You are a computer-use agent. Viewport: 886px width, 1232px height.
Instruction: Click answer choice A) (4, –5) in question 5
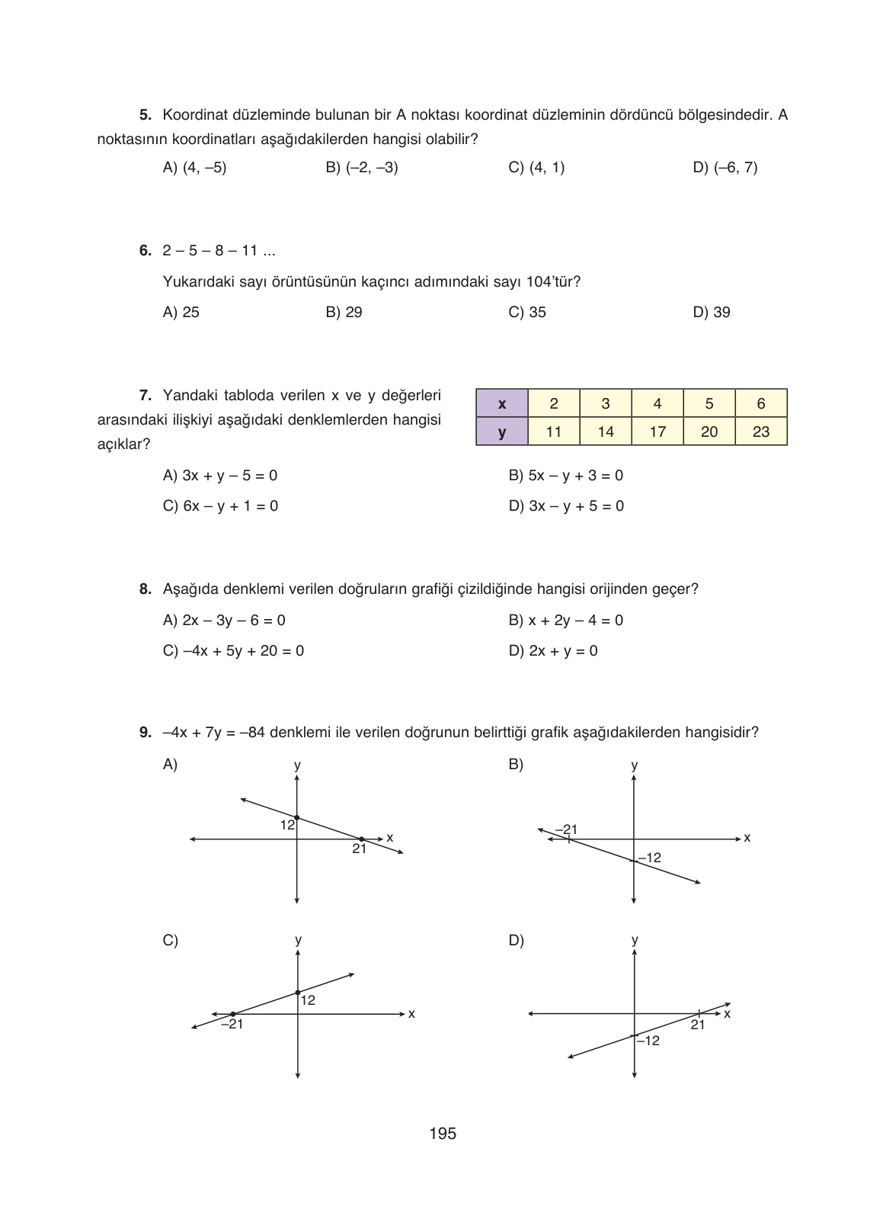195,168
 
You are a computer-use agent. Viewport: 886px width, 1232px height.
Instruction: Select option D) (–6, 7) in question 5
725,168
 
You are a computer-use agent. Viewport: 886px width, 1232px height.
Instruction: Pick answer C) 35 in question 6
527,313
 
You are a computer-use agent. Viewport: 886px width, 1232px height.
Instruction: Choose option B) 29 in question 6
344,313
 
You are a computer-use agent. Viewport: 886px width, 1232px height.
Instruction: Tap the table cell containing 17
657,432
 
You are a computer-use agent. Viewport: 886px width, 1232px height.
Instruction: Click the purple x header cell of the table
501,404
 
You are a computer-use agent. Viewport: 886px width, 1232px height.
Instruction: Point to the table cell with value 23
761,432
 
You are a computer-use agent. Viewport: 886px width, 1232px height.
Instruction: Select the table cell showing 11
554,432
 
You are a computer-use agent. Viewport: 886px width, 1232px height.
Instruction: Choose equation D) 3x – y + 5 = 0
566,506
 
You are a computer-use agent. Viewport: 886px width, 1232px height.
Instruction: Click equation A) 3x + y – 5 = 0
220,476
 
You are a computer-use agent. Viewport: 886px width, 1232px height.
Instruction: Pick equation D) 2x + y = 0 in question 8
553,651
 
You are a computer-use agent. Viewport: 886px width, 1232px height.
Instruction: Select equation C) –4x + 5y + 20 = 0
233,651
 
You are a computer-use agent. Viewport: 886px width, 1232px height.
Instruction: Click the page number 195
443,1134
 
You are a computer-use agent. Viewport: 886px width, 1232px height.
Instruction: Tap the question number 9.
145,733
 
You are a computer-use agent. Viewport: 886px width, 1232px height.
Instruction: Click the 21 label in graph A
360,849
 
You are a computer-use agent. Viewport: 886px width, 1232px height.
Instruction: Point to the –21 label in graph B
566,829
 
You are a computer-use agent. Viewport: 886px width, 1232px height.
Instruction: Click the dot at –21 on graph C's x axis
232,1014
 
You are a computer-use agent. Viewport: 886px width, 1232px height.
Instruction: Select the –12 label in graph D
648,1041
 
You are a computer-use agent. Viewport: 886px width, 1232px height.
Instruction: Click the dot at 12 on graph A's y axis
296,817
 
